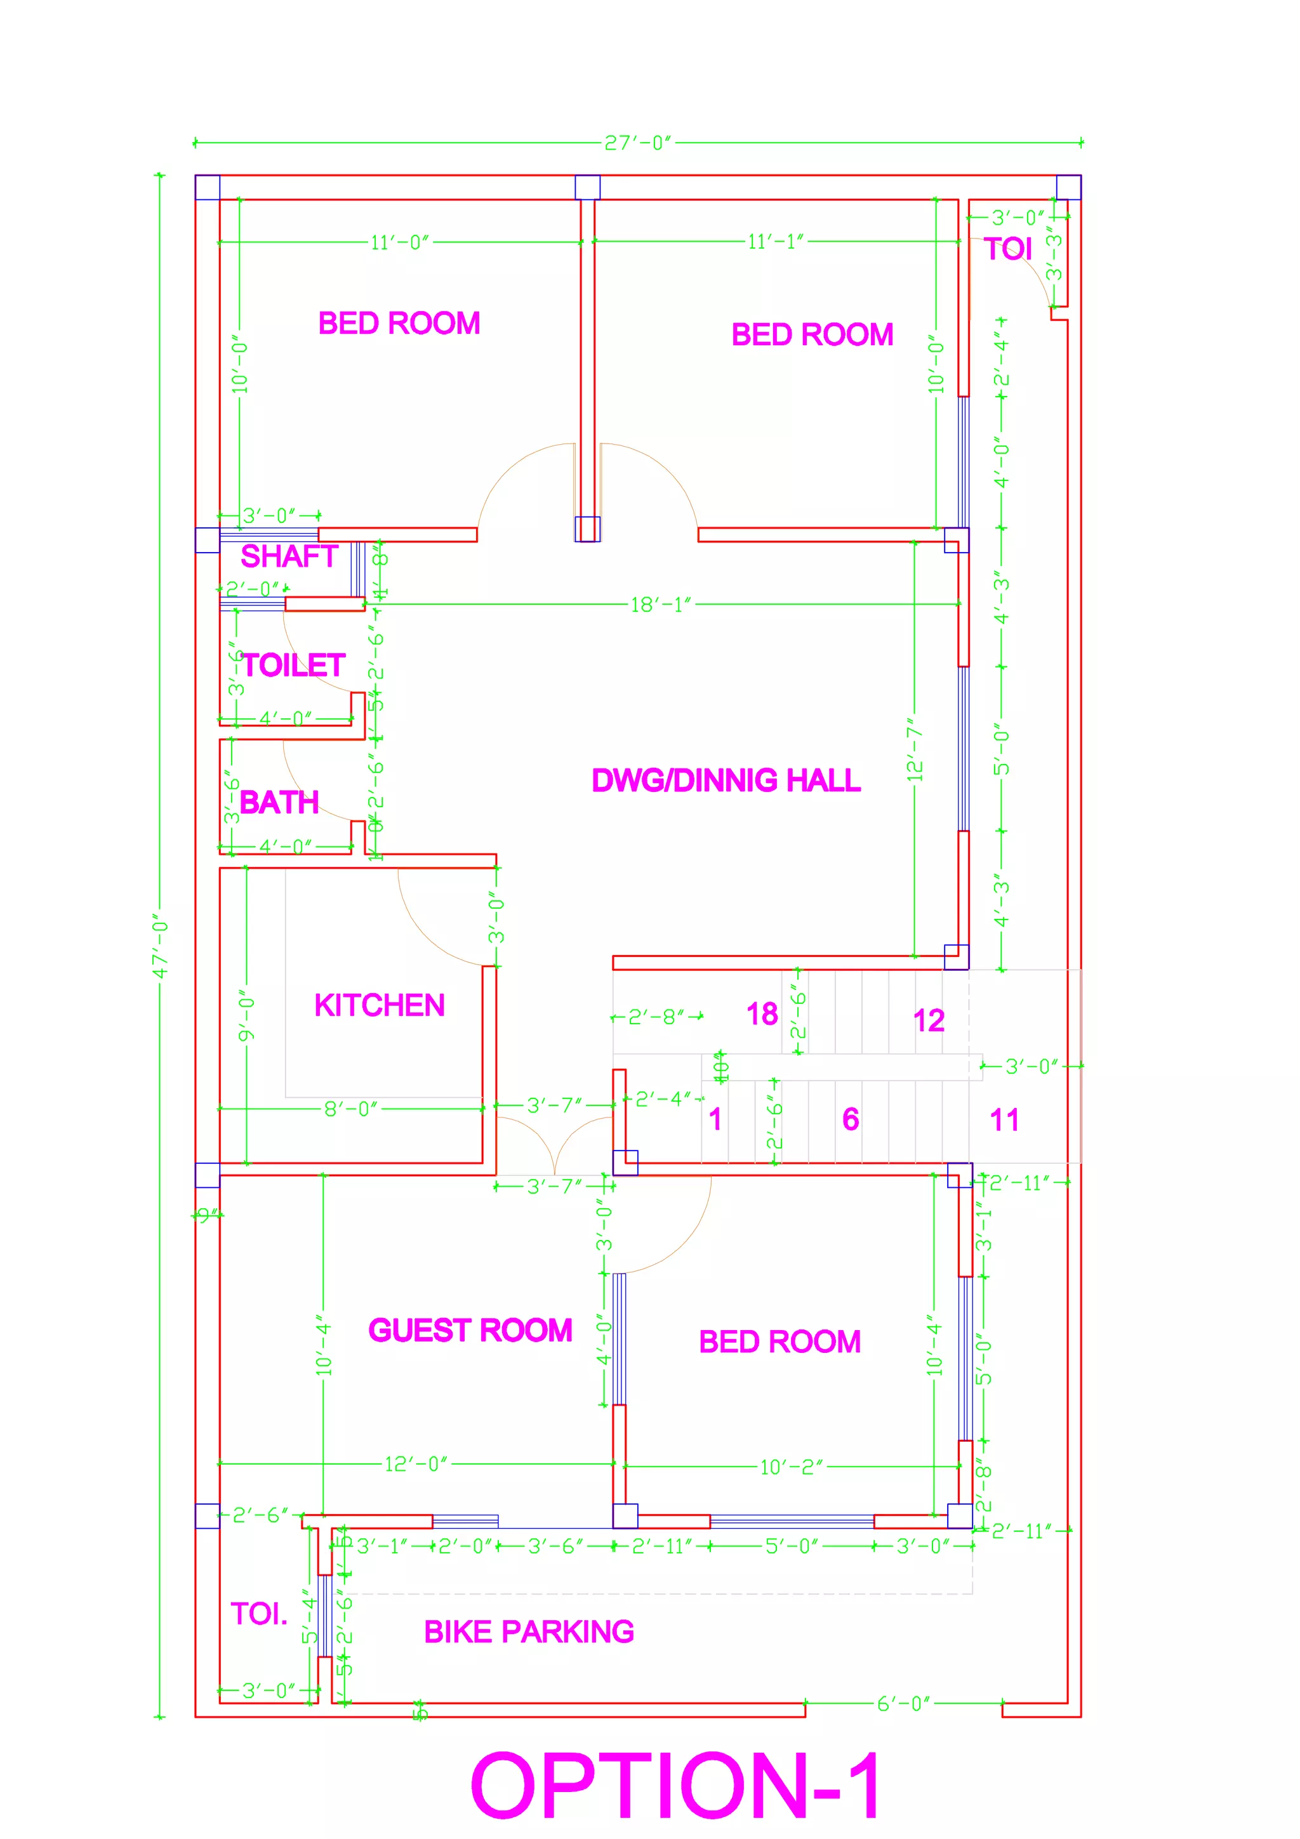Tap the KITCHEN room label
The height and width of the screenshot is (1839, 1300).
point(379,1005)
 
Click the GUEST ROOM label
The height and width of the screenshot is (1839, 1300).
point(470,1331)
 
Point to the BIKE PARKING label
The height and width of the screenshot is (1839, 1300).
point(529,1631)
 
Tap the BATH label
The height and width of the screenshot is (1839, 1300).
point(279,801)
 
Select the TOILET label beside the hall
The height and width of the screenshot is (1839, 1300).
point(293,665)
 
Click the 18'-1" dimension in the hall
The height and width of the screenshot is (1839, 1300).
point(660,605)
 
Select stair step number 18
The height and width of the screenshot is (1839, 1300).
point(762,1014)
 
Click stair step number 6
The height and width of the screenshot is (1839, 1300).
point(851,1119)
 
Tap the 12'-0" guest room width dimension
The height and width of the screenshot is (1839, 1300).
point(416,1464)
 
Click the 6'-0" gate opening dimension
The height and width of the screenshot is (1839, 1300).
point(903,1704)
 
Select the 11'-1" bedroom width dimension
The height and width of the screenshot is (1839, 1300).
point(774,242)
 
